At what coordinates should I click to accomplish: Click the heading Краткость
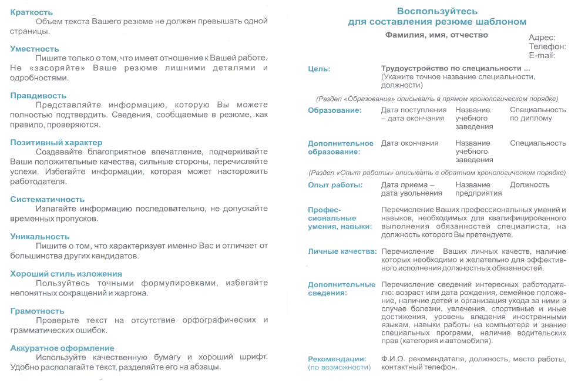click(x=31, y=12)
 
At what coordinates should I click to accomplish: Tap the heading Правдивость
click(x=38, y=95)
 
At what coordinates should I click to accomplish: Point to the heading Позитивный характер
click(x=56, y=142)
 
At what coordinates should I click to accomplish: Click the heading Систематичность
click(x=47, y=199)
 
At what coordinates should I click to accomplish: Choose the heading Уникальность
click(x=39, y=236)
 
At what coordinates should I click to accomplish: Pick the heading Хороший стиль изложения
click(x=66, y=274)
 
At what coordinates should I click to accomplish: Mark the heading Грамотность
click(x=37, y=311)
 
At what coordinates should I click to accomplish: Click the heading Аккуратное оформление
click(x=62, y=348)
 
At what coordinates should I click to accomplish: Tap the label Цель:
click(x=319, y=69)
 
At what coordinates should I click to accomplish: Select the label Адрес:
click(x=542, y=38)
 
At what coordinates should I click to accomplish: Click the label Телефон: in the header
click(x=547, y=46)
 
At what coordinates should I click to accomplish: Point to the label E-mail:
click(x=542, y=55)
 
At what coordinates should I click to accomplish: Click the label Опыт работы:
click(x=335, y=185)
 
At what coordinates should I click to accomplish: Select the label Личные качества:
click(x=342, y=251)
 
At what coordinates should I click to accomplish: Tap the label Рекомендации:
click(x=337, y=359)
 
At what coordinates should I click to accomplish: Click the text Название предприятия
click(x=478, y=189)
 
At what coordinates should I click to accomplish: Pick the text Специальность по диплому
click(x=537, y=114)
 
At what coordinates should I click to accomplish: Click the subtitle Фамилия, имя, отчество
click(x=436, y=35)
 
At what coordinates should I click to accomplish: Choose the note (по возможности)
click(x=340, y=367)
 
